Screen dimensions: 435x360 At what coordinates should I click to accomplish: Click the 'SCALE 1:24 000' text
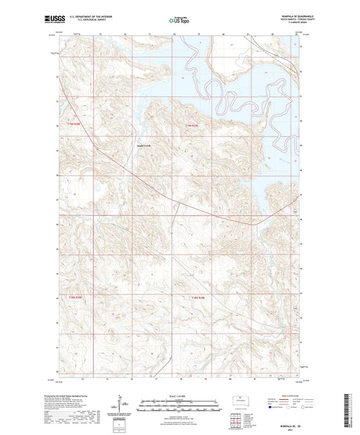click(180, 395)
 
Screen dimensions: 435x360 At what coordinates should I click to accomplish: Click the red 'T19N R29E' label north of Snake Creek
click(193, 124)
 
